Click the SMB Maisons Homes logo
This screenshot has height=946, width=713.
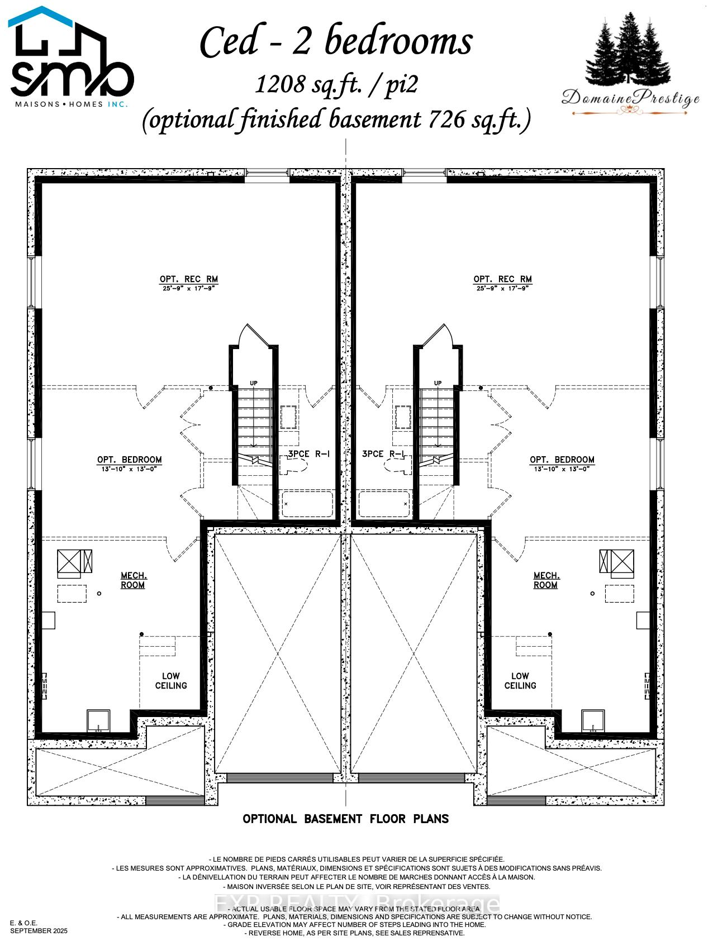[x=71, y=59]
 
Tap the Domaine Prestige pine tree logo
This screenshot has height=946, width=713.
[x=629, y=64]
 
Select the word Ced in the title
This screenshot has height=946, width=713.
[x=230, y=42]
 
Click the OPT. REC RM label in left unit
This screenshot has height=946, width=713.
[x=188, y=279]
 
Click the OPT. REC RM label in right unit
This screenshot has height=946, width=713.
[x=502, y=279]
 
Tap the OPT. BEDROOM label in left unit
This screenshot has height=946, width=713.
[x=129, y=460]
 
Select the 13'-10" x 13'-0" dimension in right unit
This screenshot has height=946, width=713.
[x=562, y=469]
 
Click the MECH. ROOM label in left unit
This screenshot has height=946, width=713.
[x=133, y=580]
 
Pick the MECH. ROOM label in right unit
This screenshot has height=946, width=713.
[x=545, y=580]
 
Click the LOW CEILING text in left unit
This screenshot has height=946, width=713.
[x=171, y=681]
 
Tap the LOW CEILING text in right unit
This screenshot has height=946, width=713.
[x=520, y=681]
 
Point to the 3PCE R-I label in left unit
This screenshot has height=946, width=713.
[x=308, y=454]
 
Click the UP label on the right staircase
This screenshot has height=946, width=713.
[x=438, y=383]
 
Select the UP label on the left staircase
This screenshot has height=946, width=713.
[x=254, y=383]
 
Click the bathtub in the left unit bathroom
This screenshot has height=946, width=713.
[x=307, y=504]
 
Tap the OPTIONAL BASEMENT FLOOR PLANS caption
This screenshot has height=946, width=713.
[x=345, y=819]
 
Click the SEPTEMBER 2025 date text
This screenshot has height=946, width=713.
[x=39, y=931]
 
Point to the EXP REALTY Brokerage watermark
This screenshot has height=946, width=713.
[x=356, y=904]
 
